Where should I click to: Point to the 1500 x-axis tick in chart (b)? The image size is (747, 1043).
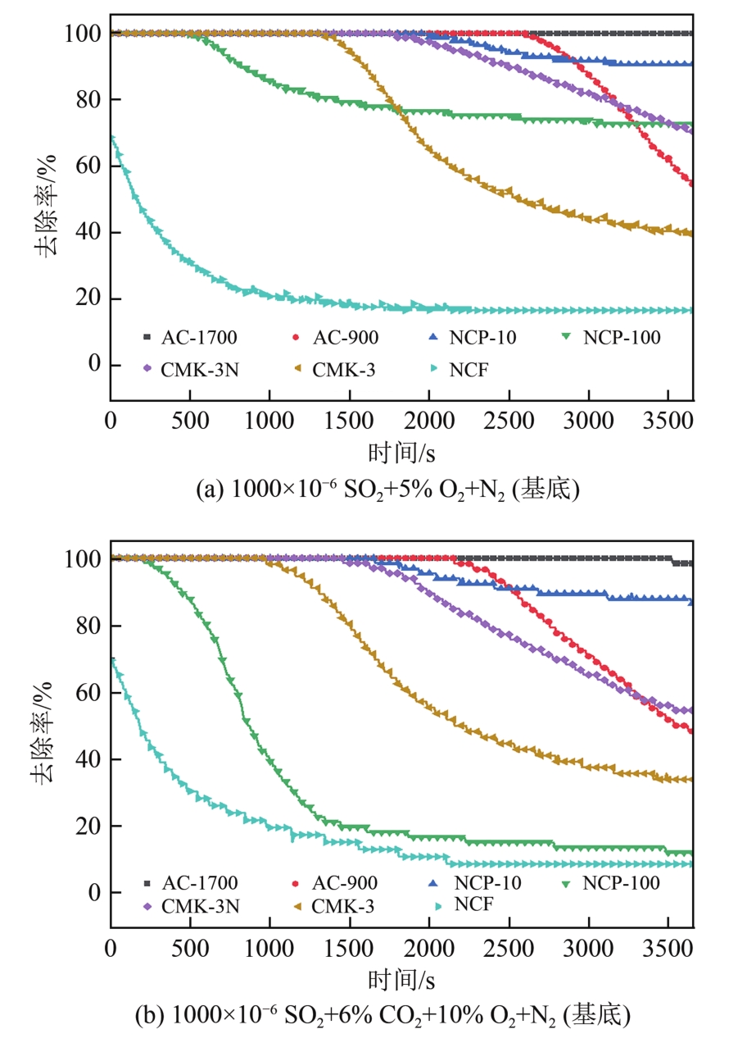coord(350,951)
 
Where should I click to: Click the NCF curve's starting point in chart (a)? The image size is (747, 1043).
coord(111,139)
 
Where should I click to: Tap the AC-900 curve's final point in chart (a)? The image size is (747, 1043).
coord(692,183)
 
